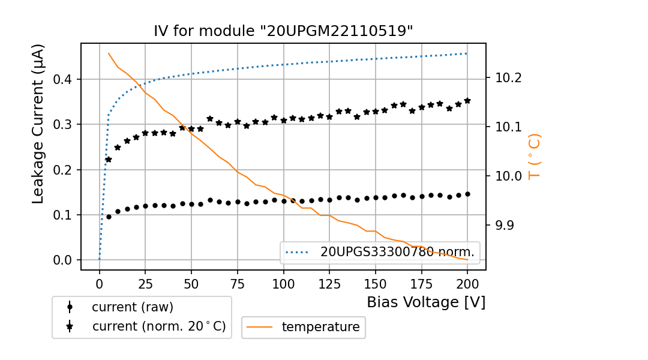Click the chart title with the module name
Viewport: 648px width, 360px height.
[283, 31]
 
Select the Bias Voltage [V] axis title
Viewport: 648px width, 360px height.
[426, 302]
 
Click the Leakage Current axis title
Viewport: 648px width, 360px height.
[38, 124]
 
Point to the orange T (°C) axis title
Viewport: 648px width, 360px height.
[533, 157]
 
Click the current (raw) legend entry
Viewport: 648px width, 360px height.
[132, 307]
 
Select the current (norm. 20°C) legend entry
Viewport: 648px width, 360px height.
[158, 326]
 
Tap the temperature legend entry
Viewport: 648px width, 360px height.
[320, 327]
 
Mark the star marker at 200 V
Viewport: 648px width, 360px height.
[467, 101]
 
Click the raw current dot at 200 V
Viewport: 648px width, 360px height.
[467, 194]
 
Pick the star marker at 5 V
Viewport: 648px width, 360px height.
[109, 160]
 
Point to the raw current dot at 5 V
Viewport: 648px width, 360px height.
[109, 217]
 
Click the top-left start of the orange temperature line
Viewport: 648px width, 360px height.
[109, 53]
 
